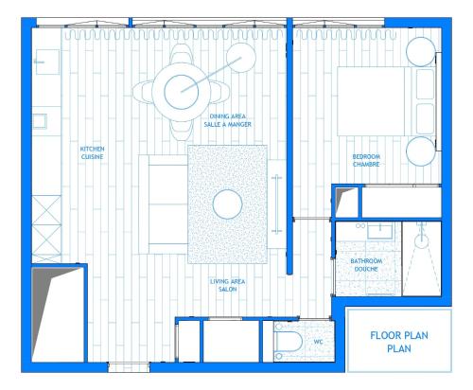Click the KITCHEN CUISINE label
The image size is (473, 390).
pos(92,152)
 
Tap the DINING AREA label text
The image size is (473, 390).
pos(228,116)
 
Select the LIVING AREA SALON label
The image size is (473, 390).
pos(228,285)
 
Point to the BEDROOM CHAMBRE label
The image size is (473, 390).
pos(366,160)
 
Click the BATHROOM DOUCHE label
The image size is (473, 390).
pos(366,265)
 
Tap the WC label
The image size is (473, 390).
pos(318,342)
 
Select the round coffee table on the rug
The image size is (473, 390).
pos(227,204)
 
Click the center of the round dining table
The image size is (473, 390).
pos(182,92)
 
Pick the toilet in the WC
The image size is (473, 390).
pos(288,342)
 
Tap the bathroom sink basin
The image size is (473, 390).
pos(380,231)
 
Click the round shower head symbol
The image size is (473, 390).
pos(421,241)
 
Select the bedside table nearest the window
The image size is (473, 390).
pos(421,52)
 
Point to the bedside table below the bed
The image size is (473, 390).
pos(421,151)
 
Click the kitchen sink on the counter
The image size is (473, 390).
pos(40,121)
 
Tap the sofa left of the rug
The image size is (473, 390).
pos(164,204)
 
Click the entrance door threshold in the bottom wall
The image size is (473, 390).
pos(129,367)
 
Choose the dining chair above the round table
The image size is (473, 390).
pos(182,54)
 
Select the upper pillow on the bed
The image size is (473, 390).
pos(425,84)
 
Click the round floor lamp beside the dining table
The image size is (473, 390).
pos(241,58)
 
